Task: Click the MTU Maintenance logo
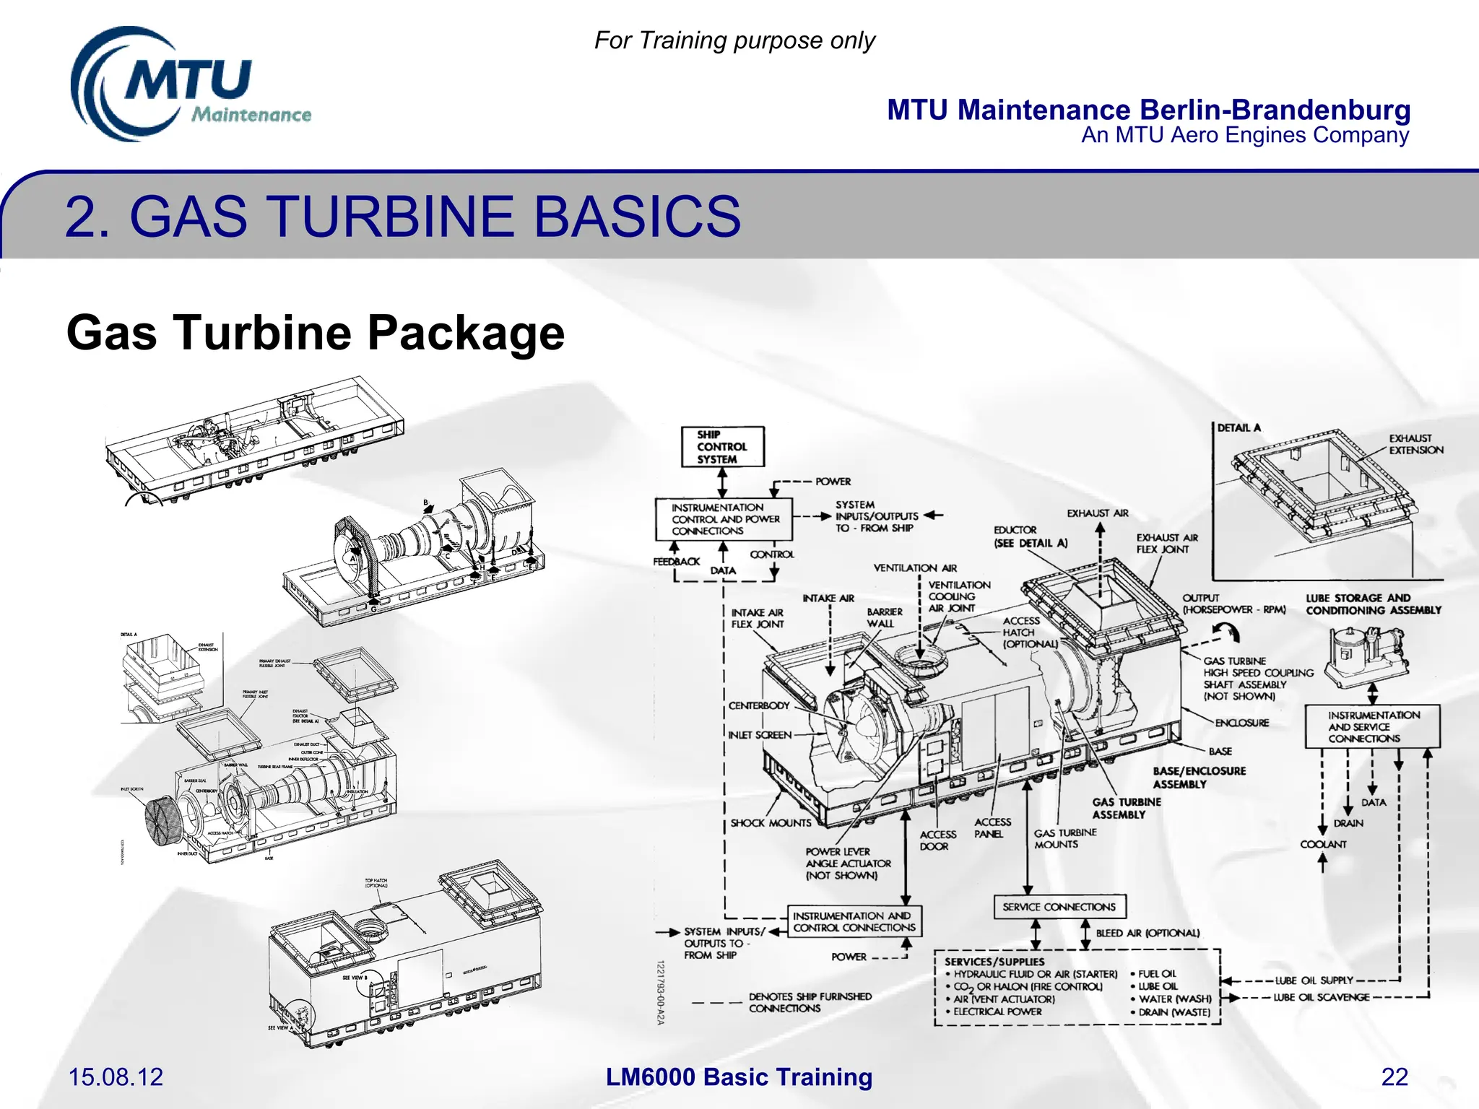(189, 85)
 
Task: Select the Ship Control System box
(722, 447)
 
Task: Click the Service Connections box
(1059, 907)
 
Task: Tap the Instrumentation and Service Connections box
(1372, 727)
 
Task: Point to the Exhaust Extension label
(1415, 444)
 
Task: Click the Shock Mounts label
(771, 823)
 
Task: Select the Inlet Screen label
(760, 735)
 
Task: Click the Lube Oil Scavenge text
(1321, 997)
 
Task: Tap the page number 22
(1394, 1077)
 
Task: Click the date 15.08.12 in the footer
(116, 1077)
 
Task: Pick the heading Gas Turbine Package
(315, 333)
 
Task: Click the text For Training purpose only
(734, 40)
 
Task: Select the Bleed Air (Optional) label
(1147, 933)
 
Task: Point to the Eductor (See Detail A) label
(1030, 536)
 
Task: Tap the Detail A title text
(1239, 428)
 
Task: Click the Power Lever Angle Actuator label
(848, 864)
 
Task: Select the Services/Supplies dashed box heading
(994, 962)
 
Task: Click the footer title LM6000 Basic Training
(739, 1077)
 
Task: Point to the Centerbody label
(758, 705)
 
